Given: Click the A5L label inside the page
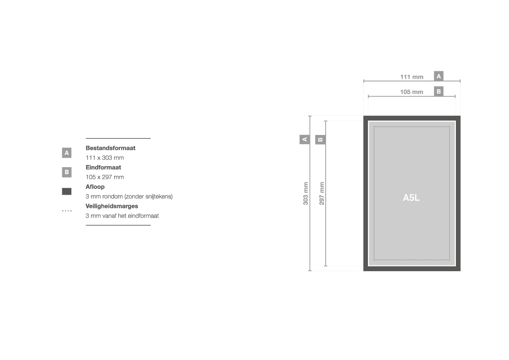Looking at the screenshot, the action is click(x=411, y=198).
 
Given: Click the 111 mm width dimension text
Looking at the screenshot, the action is click(x=411, y=77).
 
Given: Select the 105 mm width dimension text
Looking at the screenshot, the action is click(x=411, y=92).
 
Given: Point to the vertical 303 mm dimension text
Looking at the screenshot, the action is click(x=306, y=193).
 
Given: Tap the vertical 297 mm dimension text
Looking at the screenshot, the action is click(x=321, y=193).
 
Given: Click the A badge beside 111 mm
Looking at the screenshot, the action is click(x=438, y=76).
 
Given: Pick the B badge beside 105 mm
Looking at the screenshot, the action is click(x=438, y=91).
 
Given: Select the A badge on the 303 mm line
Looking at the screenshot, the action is click(x=304, y=139).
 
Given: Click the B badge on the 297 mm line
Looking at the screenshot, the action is click(x=320, y=140).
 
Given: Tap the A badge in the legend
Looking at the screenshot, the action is click(x=67, y=153).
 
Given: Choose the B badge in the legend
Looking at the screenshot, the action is click(x=67, y=172).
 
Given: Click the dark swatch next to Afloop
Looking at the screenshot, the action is click(x=67, y=192).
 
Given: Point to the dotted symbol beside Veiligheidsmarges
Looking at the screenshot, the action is click(x=67, y=211).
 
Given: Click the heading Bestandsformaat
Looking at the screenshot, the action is click(x=110, y=148).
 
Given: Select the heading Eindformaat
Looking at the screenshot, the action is click(x=103, y=168).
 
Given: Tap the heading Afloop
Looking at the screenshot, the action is click(x=95, y=187).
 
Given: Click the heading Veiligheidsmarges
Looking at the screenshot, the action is click(x=111, y=206).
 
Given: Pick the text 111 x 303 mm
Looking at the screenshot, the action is click(x=104, y=158).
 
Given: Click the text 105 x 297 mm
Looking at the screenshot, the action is click(x=104, y=177).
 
